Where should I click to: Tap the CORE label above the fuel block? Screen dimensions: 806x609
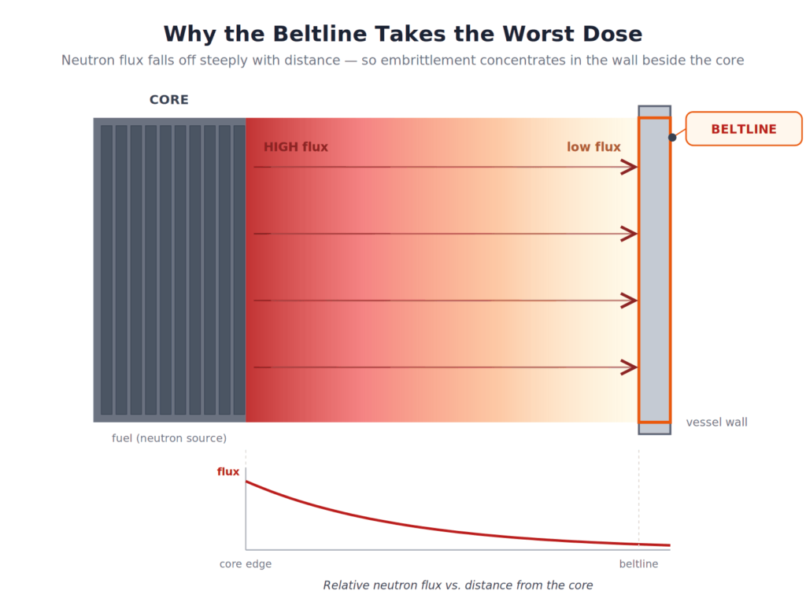tap(169, 100)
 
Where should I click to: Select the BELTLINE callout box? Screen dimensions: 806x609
tap(743, 129)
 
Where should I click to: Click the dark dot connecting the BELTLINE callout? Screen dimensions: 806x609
tap(672, 137)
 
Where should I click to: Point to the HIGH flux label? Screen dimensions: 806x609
tap(296, 147)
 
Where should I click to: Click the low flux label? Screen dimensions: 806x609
tap(593, 147)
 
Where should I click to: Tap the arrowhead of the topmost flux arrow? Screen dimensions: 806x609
tap(630, 167)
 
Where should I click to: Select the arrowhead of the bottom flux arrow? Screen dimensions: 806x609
tap(630, 367)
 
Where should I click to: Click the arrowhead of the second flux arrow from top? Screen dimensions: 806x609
tap(630, 234)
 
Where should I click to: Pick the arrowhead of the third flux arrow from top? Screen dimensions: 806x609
tap(630, 301)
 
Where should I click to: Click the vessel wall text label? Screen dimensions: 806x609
tap(716, 423)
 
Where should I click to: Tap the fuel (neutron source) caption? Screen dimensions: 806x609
tap(169, 438)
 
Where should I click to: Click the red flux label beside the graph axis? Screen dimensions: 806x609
tap(228, 472)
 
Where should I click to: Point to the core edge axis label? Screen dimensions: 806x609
tap(246, 564)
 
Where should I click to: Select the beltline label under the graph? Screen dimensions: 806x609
tap(638, 564)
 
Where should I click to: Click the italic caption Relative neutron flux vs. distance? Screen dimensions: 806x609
tap(457, 585)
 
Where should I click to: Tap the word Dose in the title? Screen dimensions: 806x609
tap(612, 34)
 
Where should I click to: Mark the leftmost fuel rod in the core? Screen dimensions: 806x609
tap(106, 270)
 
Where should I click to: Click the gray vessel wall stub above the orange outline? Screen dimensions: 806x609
tap(654, 112)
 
